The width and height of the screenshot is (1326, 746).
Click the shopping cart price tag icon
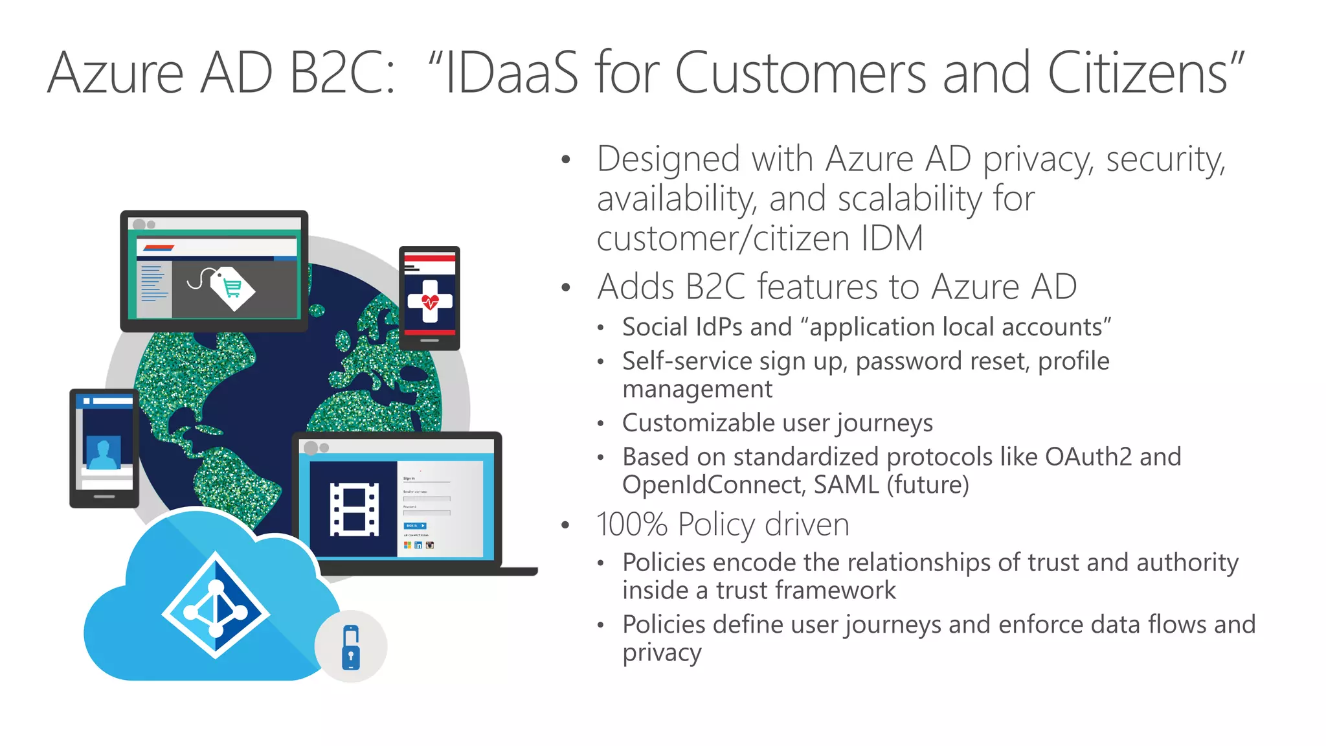click(x=232, y=288)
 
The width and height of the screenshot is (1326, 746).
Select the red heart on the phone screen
click(x=430, y=302)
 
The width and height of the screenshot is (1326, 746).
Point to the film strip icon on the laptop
click(x=354, y=509)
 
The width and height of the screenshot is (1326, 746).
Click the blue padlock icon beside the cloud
click(x=351, y=647)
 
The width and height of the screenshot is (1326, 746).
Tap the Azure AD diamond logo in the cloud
click(x=216, y=605)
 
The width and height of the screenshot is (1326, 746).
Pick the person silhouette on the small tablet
click(x=103, y=453)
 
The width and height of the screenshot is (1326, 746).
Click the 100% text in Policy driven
click(x=632, y=525)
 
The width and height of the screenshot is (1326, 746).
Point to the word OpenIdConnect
click(x=714, y=485)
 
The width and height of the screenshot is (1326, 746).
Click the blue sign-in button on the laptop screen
click(x=415, y=526)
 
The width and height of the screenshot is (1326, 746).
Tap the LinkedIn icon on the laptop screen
click(x=418, y=545)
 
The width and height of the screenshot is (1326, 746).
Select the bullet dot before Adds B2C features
click(x=567, y=288)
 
